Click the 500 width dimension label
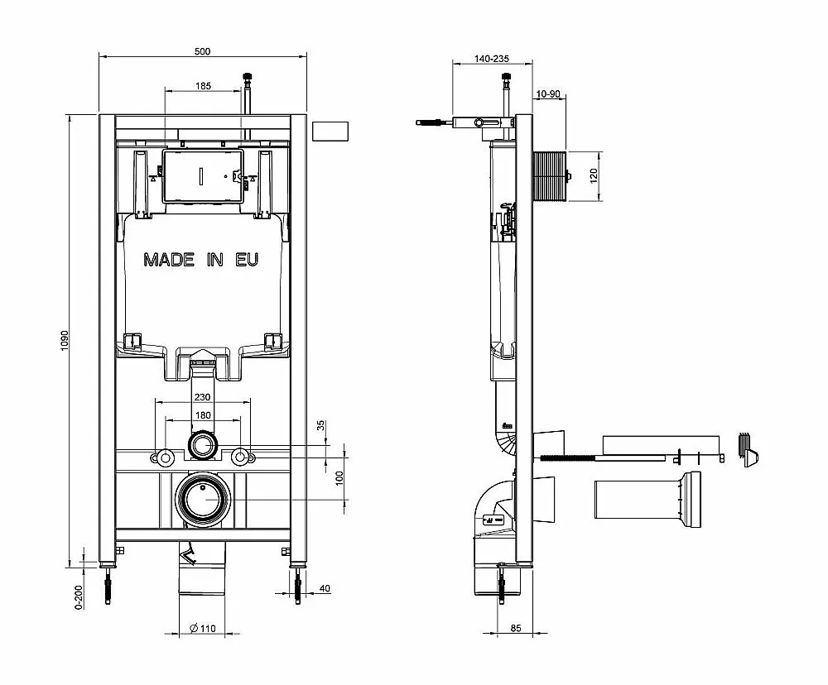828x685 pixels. [x=202, y=51]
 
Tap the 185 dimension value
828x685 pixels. [x=204, y=85]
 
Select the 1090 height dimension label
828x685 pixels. [x=65, y=340]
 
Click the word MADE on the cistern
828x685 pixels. [x=169, y=260]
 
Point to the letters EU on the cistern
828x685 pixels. [x=247, y=260]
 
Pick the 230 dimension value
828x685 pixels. [x=202, y=397]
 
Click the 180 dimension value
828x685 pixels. [x=204, y=415]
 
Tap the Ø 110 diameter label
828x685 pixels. [x=203, y=628]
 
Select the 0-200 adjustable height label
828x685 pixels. [x=79, y=596]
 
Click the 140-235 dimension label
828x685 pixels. [x=492, y=59]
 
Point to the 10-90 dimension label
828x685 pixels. [x=548, y=94]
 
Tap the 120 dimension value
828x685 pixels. [x=594, y=175]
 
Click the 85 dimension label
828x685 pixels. [x=516, y=628]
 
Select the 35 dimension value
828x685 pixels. [x=321, y=425]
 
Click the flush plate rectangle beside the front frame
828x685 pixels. [x=330, y=132]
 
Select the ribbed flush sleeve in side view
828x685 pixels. [x=551, y=175]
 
